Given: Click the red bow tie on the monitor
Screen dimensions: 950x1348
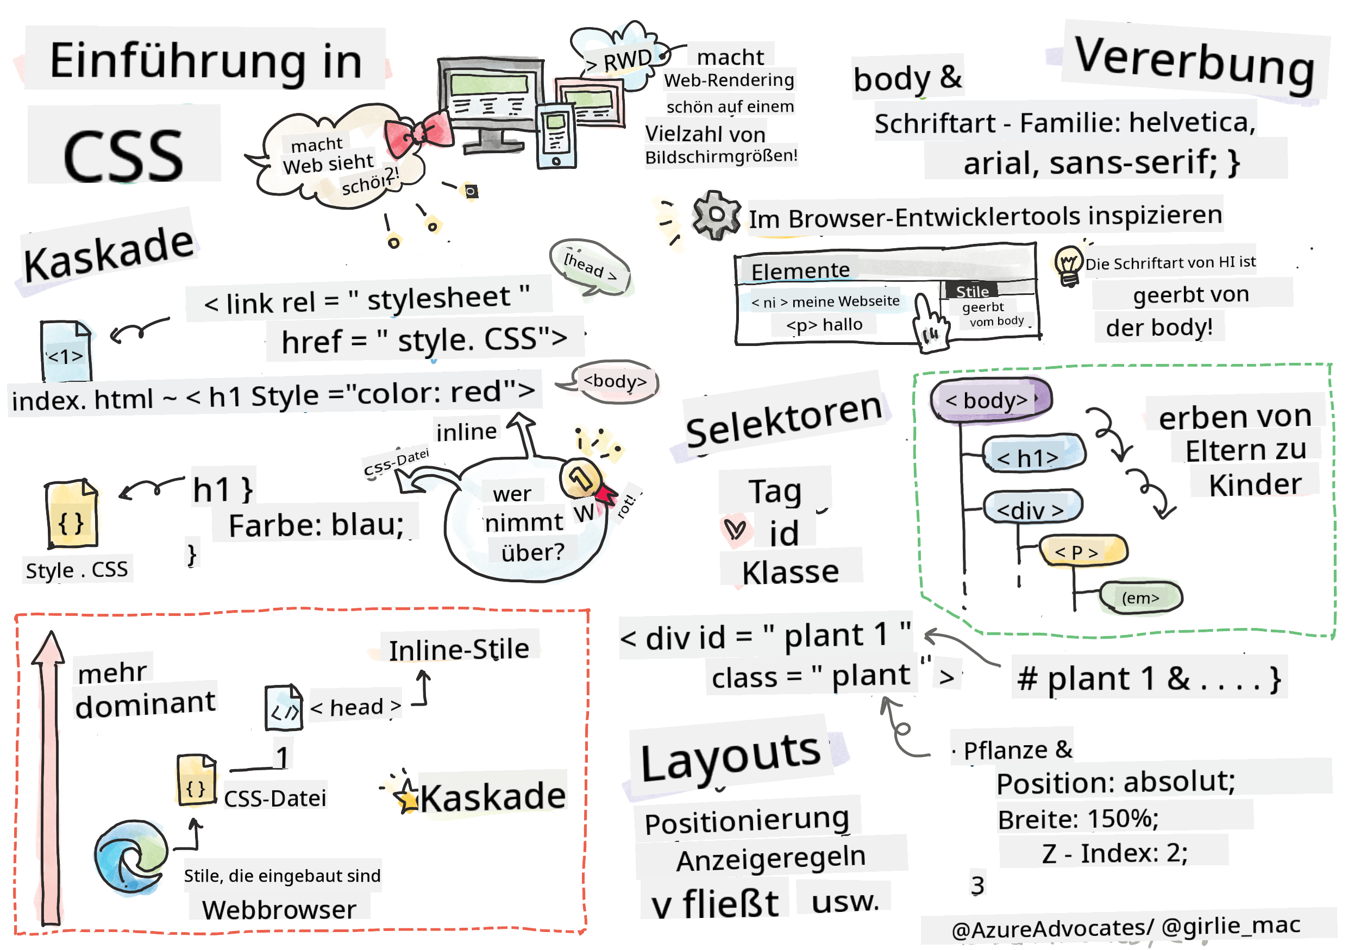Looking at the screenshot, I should tap(418, 132).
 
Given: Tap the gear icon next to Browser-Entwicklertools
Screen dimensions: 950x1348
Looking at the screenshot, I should tap(715, 215).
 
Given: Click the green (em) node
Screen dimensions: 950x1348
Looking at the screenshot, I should tap(1139, 598).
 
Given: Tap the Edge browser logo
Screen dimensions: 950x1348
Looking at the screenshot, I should tap(130, 856).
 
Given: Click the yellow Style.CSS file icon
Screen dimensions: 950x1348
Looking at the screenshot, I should tap(71, 513).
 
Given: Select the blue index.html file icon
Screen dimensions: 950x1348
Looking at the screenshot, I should tap(66, 351).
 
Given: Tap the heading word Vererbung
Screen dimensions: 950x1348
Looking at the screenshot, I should tap(1194, 64).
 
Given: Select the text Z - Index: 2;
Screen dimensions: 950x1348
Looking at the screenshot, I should tap(1113, 852).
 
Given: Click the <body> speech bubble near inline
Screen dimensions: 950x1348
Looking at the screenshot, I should tap(613, 381).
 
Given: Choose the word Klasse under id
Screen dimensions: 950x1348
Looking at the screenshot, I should tap(789, 572).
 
